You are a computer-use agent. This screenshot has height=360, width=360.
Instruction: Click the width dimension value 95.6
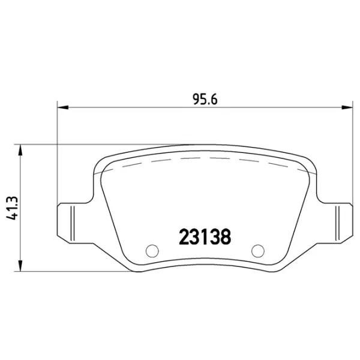pos(204,100)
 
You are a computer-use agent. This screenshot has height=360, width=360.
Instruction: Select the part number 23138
pos(205,236)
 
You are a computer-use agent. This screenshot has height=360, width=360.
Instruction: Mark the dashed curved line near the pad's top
pos(204,158)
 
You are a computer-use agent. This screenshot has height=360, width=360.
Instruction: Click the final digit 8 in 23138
pos(226,236)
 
